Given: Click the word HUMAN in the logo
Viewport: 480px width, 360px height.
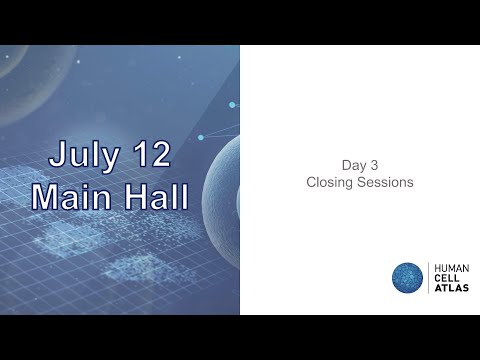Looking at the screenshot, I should click(449, 268).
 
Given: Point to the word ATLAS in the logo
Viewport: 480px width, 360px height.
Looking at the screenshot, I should click(448, 290).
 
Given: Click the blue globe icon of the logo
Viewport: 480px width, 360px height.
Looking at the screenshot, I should click(407, 279).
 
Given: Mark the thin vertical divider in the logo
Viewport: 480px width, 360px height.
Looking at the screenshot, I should click(428, 279).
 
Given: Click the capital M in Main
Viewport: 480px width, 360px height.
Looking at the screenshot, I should click(44, 196).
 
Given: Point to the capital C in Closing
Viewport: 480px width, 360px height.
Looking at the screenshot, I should click(310, 183).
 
